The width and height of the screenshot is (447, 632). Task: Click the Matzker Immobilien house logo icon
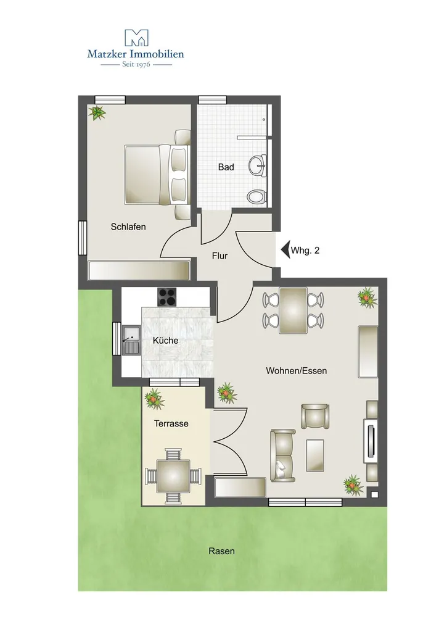136,38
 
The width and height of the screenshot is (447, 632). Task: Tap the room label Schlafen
128,227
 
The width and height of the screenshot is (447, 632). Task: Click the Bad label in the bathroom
226,167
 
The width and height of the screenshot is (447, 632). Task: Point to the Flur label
220,256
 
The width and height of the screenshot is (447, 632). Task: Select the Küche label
165,341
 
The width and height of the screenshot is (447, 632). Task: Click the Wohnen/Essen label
297,371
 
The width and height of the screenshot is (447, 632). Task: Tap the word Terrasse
171,423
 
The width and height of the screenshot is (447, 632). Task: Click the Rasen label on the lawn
221,551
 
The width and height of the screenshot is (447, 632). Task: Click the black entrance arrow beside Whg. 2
285,250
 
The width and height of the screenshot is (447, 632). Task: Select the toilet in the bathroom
257,197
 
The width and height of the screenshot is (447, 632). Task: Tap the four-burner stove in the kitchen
167,297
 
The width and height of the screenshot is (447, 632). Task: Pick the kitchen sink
131,340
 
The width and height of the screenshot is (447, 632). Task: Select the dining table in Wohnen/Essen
293,310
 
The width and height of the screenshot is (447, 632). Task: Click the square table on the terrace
173,476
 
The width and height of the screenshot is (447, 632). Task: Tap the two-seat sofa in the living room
283,455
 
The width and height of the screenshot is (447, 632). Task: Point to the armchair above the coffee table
315,416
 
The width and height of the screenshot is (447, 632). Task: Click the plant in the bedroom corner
97,113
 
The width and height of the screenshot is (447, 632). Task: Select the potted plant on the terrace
154,399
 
